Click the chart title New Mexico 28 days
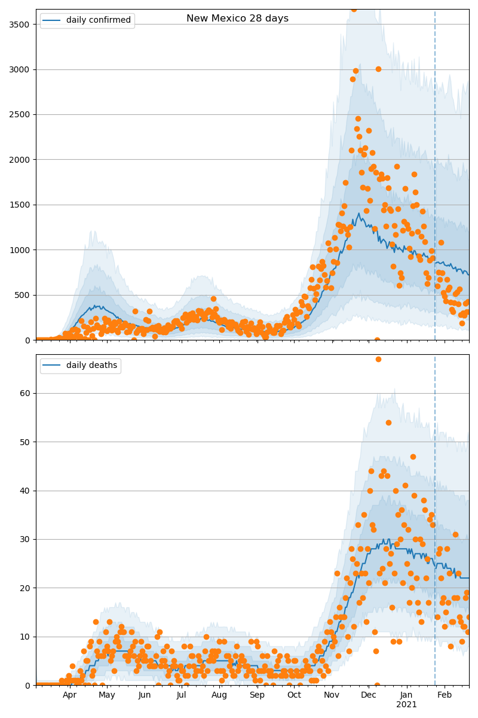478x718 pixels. coord(237,19)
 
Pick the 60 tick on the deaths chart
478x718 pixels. coord(26,393)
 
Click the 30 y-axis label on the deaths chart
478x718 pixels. coord(26,539)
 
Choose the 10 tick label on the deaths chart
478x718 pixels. coord(26,637)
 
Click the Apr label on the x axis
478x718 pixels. coord(70,695)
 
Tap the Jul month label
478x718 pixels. coord(182,695)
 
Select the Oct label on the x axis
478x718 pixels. coord(294,695)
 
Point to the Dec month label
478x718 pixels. coord(369,695)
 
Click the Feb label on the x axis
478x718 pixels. coord(445,695)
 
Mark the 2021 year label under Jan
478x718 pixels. coord(407,705)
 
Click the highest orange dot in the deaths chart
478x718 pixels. coord(378,359)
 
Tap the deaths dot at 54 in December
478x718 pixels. coord(388,422)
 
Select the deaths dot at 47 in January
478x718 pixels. coord(413,457)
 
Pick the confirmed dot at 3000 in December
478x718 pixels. coord(378,69)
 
